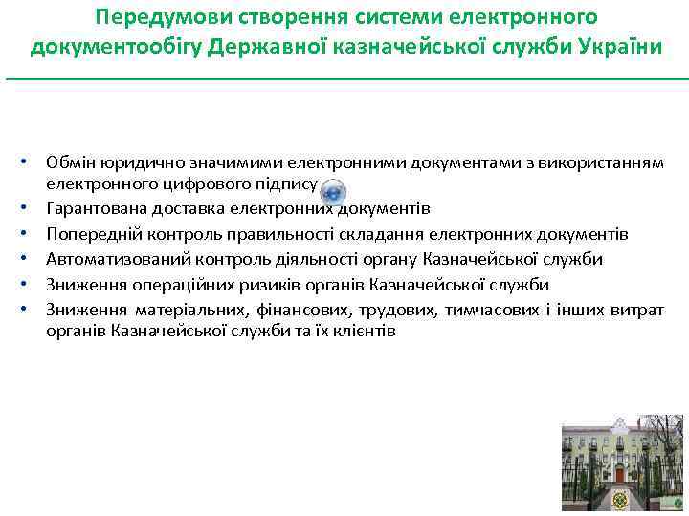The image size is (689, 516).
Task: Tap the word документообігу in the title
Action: coord(124,47)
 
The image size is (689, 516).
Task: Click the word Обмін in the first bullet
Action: coord(69,162)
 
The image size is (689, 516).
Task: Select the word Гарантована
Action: coord(94,208)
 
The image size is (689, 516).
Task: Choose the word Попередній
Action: coord(89,234)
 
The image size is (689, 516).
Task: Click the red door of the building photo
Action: coord(620,474)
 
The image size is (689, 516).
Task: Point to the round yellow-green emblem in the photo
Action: coord(621,501)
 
